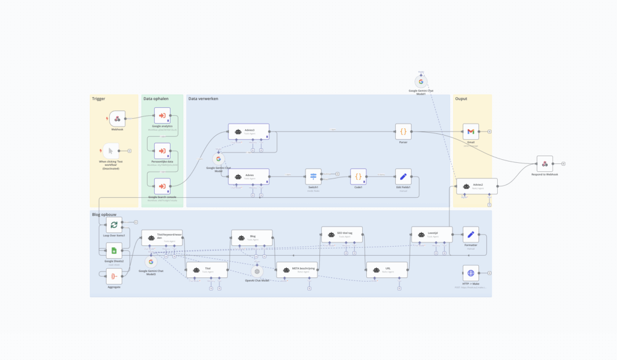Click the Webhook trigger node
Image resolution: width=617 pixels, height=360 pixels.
pyautogui.click(x=117, y=118)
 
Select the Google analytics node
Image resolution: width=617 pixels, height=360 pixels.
pyautogui.click(x=162, y=115)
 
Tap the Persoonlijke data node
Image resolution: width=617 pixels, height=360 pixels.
pyautogui.click(x=162, y=150)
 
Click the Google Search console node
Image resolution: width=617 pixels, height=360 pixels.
pyautogui.click(x=162, y=186)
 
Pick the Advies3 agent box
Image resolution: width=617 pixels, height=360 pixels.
pyautogui.click(x=249, y=131)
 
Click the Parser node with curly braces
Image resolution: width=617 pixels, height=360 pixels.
pyautogui.click(x=403, y=131)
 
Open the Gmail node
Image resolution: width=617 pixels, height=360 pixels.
pyautogui.click(x=471, y=131)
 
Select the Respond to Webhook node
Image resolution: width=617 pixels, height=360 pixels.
pyautogui.click(x=545, y=163)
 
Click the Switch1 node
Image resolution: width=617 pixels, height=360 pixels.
pyautogui.click(x=313, y=177)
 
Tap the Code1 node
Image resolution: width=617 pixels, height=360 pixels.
pyautogui.click(x=358, y=177)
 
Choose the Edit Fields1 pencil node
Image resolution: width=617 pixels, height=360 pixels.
pyautogui.click(x=403, y=177)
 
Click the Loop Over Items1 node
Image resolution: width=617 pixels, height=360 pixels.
pyautogui.click(x=113, y=225)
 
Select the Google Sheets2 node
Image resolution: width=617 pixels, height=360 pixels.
pyautogui.click(x=113, y=250)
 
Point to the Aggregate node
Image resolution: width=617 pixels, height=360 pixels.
pyautogui.click(x=113, y=276)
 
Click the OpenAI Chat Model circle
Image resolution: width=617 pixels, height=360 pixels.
pyautogui.click(x=257, y=271)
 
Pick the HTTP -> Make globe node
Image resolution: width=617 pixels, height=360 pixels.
pyautogui.click(x=471, y=273)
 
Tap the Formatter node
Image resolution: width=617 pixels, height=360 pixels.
pyautogui.click(x=471, y=235)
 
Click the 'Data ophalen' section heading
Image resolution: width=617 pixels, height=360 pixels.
pyautogui.click(x=156, y=98)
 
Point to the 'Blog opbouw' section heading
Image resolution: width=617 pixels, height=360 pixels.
pyautogui.click(x=104, y=214)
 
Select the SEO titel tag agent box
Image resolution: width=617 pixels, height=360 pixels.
pyautogui.click(x=342, y=235)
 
